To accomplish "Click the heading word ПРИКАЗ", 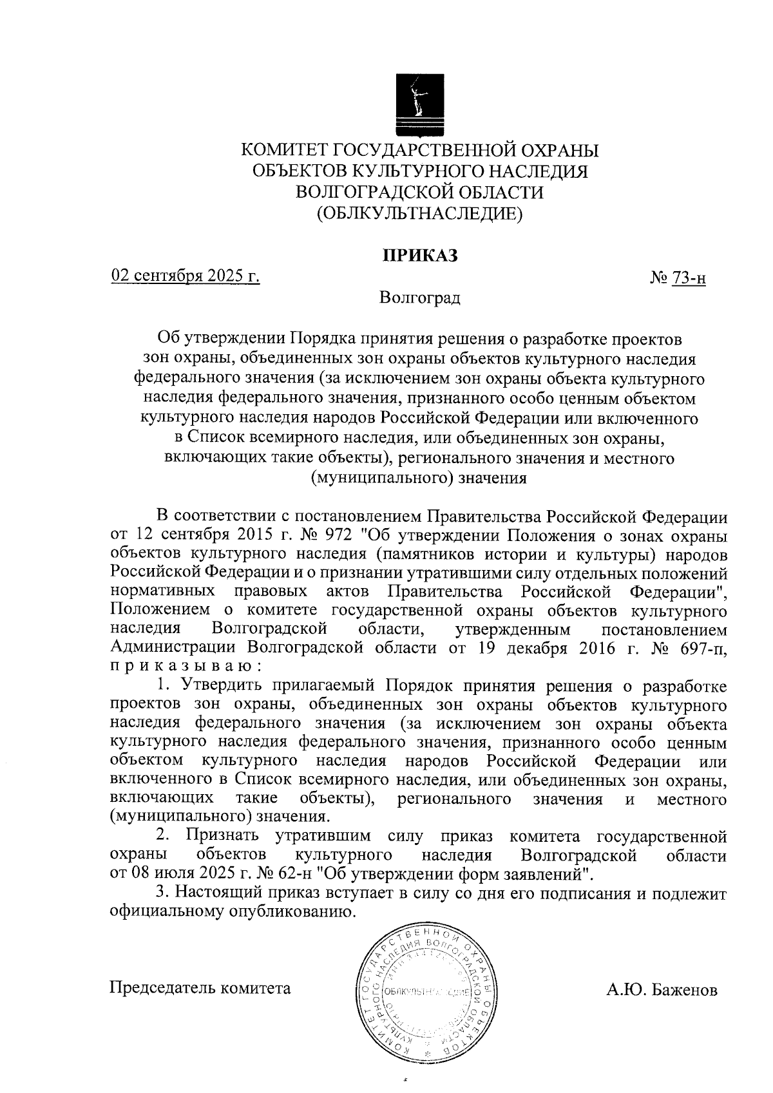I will tap(420, 256).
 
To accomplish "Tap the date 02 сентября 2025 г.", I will tap(186, 276).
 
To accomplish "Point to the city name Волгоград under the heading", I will tap(420, 298).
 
